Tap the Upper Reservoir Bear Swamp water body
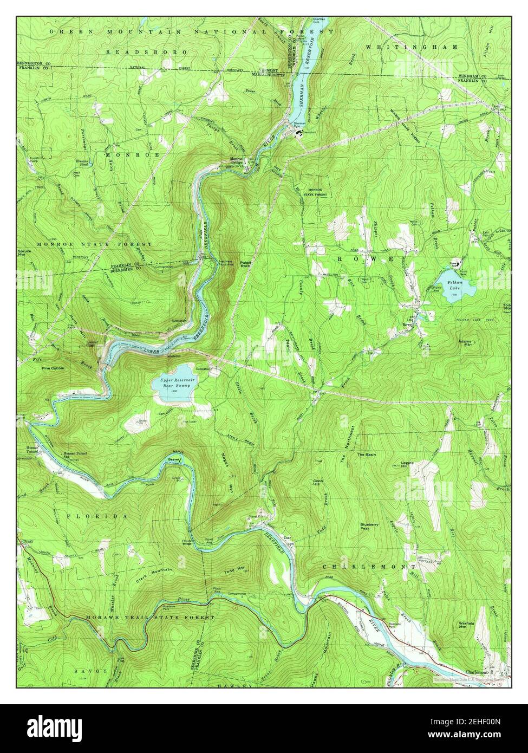(174, 383)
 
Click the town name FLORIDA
(97, 516)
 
